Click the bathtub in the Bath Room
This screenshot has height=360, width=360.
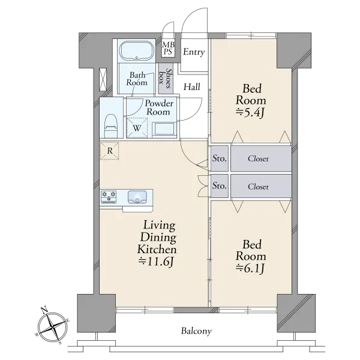pyautogui.click(x=137, y=51)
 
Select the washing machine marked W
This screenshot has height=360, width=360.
pyautogui.click(x=137, y=128)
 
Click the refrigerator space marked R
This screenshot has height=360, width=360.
pyautogui.click(x=110, y=151)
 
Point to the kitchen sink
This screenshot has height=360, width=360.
pyautogui.click(x=137, y=197)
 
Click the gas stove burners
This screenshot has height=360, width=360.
pyautogui.click(x=109, y=197)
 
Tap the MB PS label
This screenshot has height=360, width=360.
pyautogui.click(x=168, y=48)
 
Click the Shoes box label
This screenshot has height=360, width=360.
pyautogui.click(x=166, y=78)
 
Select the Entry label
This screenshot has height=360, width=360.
pyautogui.click(x=194, y=52)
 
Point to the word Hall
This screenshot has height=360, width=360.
pyautogui.click(x=192, y=87)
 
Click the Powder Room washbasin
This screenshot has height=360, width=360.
pyautogui.click(x=164, y=130)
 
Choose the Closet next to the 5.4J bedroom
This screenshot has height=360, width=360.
pyautogui.click(x=258, y=158)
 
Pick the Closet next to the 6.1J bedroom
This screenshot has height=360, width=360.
pyautogui.click(x=258, y=187)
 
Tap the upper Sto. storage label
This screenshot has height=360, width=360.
pyautogui.click(x=220, y=158)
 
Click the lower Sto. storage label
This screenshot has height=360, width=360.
pyautogui.click(x=220, y=185)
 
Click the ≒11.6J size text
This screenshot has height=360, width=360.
pyautogui.click(x=155, y=262)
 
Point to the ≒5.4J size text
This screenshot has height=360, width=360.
pyautogui.click(x=251, y=113)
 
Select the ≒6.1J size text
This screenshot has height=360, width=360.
pyautogui.click(x=251, y=269)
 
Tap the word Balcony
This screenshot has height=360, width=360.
pyautogui.click(x=196, y=331)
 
